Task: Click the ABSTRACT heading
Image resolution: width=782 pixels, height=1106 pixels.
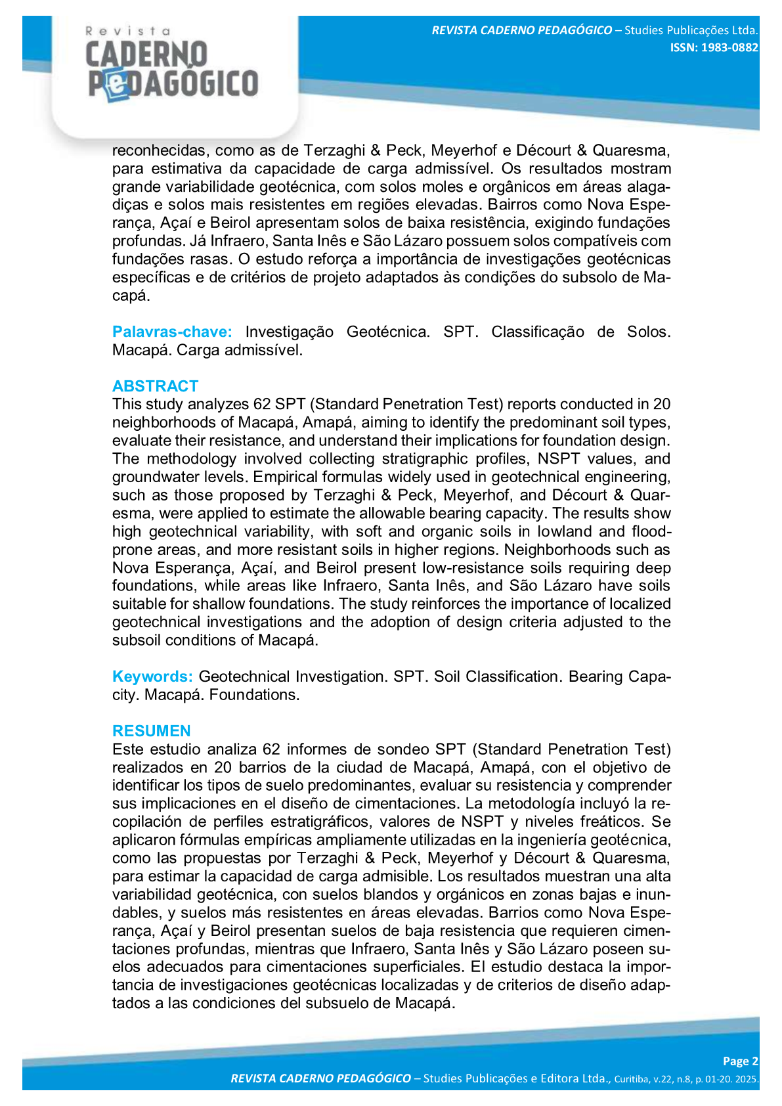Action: coord(155,386)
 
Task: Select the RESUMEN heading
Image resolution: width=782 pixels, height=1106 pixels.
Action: coord(152,731)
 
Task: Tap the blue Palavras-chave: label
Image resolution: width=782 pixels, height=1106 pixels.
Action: coord(172,332)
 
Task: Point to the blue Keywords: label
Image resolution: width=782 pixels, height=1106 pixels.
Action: coord(152,676)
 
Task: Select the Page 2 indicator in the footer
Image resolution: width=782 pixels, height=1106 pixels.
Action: coord(740,1061)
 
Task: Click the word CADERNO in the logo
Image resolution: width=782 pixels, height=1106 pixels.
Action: coord(146,55)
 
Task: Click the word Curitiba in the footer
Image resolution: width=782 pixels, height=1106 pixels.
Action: coord(633,1079)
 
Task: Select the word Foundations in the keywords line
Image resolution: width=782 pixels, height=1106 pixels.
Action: coord(254,695)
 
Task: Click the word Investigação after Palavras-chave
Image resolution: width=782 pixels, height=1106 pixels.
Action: coord(289,332)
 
